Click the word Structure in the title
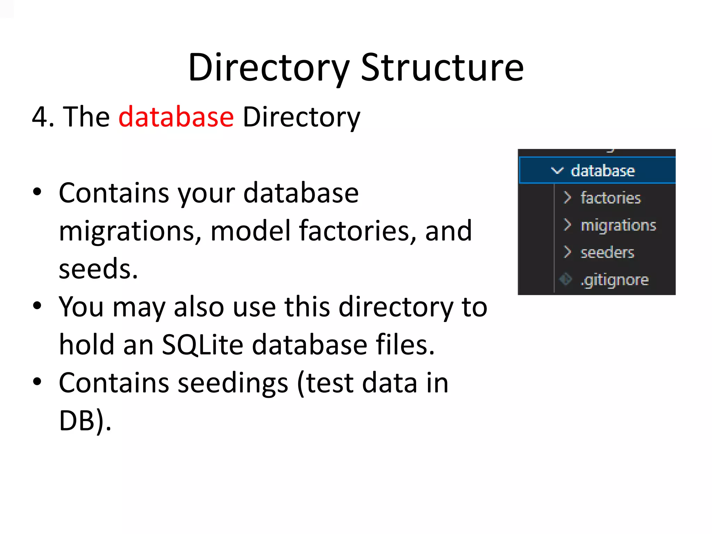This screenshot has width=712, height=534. [442, 68]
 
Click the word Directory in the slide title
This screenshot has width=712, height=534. [268, 68]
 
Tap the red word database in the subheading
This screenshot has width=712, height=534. [176, 117]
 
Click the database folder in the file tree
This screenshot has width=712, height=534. [602, 171]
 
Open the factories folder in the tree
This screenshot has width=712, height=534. [610, 198]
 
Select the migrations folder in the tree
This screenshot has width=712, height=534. [618, 225]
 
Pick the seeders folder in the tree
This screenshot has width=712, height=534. [607, 252]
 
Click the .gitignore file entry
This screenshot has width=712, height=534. [614, 280]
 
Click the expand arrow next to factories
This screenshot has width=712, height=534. [567, 197]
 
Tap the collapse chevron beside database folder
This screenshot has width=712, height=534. [557, 171]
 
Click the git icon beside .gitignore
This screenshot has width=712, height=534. [566, 279]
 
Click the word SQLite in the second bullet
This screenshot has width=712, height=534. [202, 345]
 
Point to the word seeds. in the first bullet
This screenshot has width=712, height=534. [98, 269]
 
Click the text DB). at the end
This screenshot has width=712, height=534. [85, 421]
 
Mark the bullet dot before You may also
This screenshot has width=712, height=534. [37, 306]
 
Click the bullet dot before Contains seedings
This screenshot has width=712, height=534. [37, 382]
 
